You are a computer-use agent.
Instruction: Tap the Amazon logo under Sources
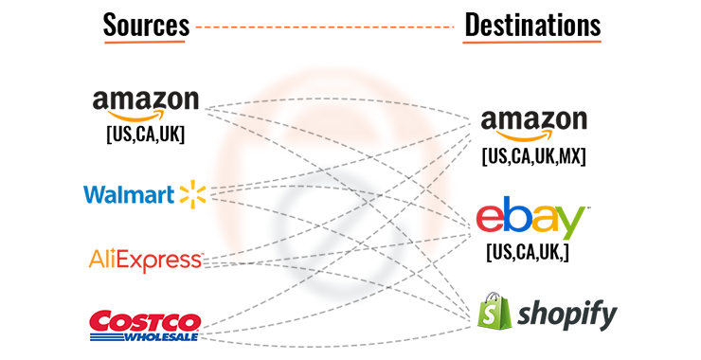point(146,102)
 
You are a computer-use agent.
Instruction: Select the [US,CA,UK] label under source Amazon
point(145,134)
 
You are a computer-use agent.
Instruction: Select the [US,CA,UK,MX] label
point(533,155)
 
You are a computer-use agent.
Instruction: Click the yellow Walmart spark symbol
point(192,195)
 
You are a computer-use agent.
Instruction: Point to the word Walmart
point(129,195)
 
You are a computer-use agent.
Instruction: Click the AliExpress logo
point(145,259)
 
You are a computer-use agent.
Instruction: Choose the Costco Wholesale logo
point(144,323)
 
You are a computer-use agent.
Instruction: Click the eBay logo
point(532,220)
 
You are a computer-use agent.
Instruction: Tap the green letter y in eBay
point(572,225)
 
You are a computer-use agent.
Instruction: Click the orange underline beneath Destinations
point(532,43)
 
